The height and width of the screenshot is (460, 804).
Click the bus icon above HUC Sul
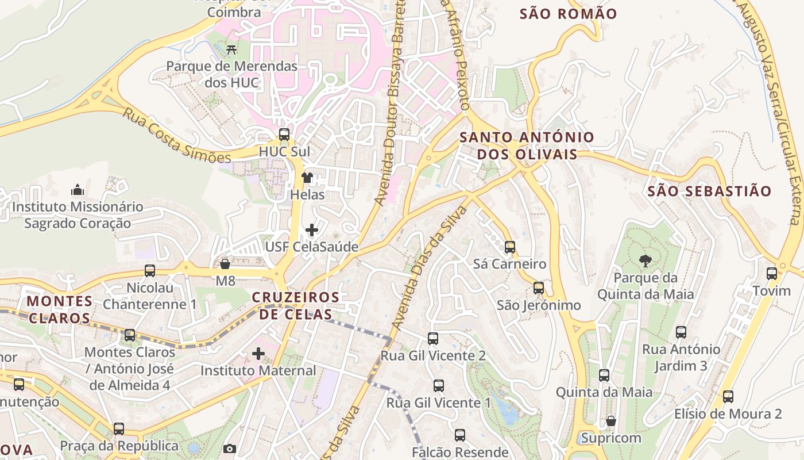click(x=284, y=135)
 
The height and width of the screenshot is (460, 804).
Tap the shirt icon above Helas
click(x=307, y=178)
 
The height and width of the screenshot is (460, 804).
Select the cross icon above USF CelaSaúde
click(x=311, y=230)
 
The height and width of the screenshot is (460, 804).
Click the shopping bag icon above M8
click(x=225, y=264)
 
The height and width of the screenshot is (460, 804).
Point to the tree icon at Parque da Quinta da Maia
click(x=645, y=261)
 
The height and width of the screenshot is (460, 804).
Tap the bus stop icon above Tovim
click(x=772, y=274)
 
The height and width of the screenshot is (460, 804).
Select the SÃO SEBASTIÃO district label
click(x=709, y=191)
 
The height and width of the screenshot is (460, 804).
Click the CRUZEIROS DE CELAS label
click(x=295, y=305)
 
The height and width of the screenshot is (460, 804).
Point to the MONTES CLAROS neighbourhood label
click(x=60, y=309)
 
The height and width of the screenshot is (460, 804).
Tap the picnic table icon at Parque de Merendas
click(x=232, y=49)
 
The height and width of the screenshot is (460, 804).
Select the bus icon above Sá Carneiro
click(x=509, y=247)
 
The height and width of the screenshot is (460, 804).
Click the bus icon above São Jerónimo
click(x=539, y=288)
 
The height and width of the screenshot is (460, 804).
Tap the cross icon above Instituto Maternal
click(x=258, y=353)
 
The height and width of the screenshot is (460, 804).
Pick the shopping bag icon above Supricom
click(x=611, y=421)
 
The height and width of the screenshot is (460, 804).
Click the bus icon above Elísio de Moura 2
click(x=728, y=397)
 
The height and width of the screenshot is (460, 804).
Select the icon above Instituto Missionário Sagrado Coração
click(x=77, y=190)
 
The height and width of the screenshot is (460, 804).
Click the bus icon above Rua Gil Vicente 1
click(x=439, y=386)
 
